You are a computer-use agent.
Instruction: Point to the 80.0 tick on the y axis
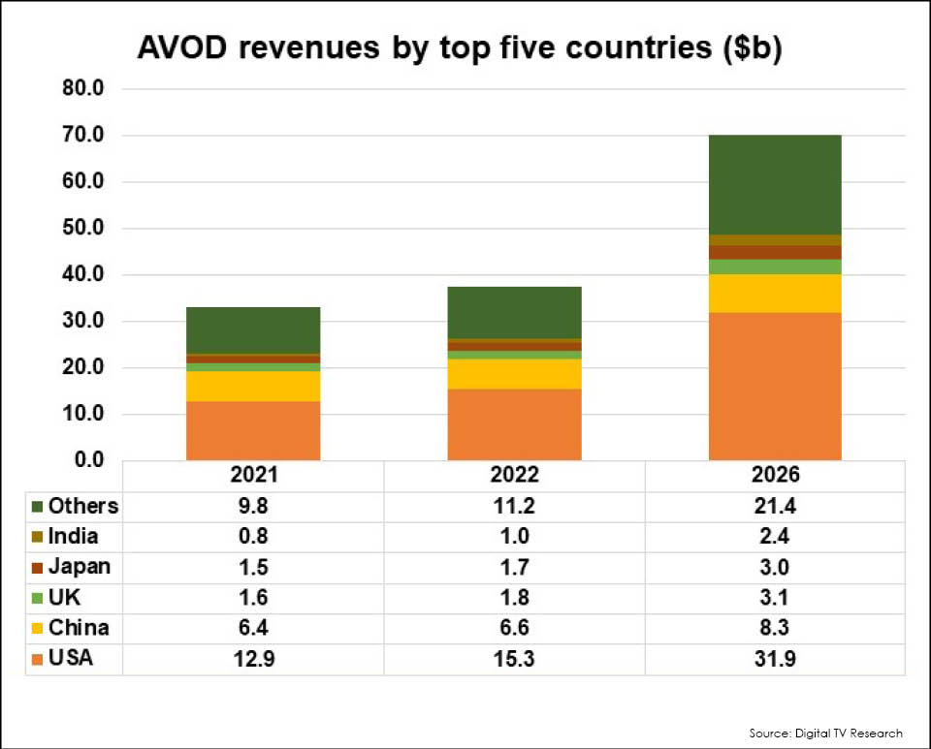coord(96,89)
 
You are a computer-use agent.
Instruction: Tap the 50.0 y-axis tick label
coord(96,229)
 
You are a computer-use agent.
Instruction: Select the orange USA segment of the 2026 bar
coord(775,386)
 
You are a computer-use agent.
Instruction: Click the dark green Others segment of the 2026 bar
coord(775,184)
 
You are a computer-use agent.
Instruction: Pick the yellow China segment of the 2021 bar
coord(253,386)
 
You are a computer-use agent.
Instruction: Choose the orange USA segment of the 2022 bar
coord(514,424)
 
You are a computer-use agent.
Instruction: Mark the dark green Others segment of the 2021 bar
coord(253,330)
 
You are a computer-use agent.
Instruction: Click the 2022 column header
coord(514,476)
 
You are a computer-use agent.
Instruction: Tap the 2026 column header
coord(775,476)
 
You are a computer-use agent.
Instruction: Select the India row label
coord(73,536)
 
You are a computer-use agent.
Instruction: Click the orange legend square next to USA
coord(37,660)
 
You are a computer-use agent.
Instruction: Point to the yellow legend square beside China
coord(37,629)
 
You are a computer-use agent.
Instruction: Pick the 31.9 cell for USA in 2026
coord(775,660)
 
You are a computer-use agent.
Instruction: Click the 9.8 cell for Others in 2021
coord(253,506)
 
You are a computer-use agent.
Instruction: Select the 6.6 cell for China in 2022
coord(514,629)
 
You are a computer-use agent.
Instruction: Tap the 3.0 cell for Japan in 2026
coord(775,567)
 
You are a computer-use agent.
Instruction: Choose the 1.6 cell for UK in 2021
coord(253,598)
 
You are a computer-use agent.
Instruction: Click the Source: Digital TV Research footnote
coord(825,733)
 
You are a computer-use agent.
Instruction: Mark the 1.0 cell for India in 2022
coord(514,536)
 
